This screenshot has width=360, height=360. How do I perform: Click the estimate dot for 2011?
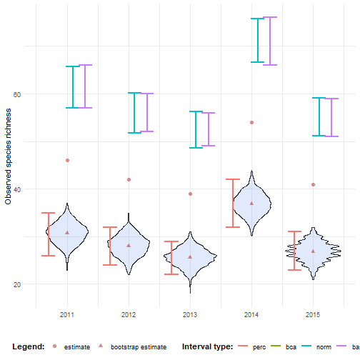pyautogui.click(x=67, y=161)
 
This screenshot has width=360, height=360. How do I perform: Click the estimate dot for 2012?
pyautogui.click(x=129, y=180)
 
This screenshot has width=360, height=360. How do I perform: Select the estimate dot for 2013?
pyautogui.click(x=190, y=194)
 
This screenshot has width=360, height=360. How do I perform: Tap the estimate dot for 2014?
pyautogui.click(x=251, y=123)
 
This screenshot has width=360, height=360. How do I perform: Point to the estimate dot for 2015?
pyautogui.click(x=313, y=184)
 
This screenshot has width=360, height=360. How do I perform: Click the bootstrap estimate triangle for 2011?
pyautogui.click(x=67, y=232)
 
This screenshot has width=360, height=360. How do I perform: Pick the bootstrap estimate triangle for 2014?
pyautogui.click(x=251, y=203)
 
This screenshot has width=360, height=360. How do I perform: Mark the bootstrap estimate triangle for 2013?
pyautogui.click(x=190, y=256)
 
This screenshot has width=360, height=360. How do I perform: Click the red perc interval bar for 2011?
pyautogui.click(x=48, y=234)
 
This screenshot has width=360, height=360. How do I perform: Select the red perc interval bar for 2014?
pyautogui.click(x=232, y=203)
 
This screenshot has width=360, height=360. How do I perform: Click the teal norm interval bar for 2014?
pyautogui.click(x=259, y=40)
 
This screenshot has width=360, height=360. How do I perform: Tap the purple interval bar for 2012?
pyautogui.click(x=147, y=112)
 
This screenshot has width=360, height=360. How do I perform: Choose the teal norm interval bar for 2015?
pyautogui.click(x=320, y=116)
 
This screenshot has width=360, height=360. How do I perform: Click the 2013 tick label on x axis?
pyautogui.click(x=190, y=314)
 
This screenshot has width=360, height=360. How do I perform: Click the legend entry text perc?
pyautogui.click(x=259, y=347)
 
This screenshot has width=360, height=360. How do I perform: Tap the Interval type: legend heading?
pyautogui.click(x=207, y=347)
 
